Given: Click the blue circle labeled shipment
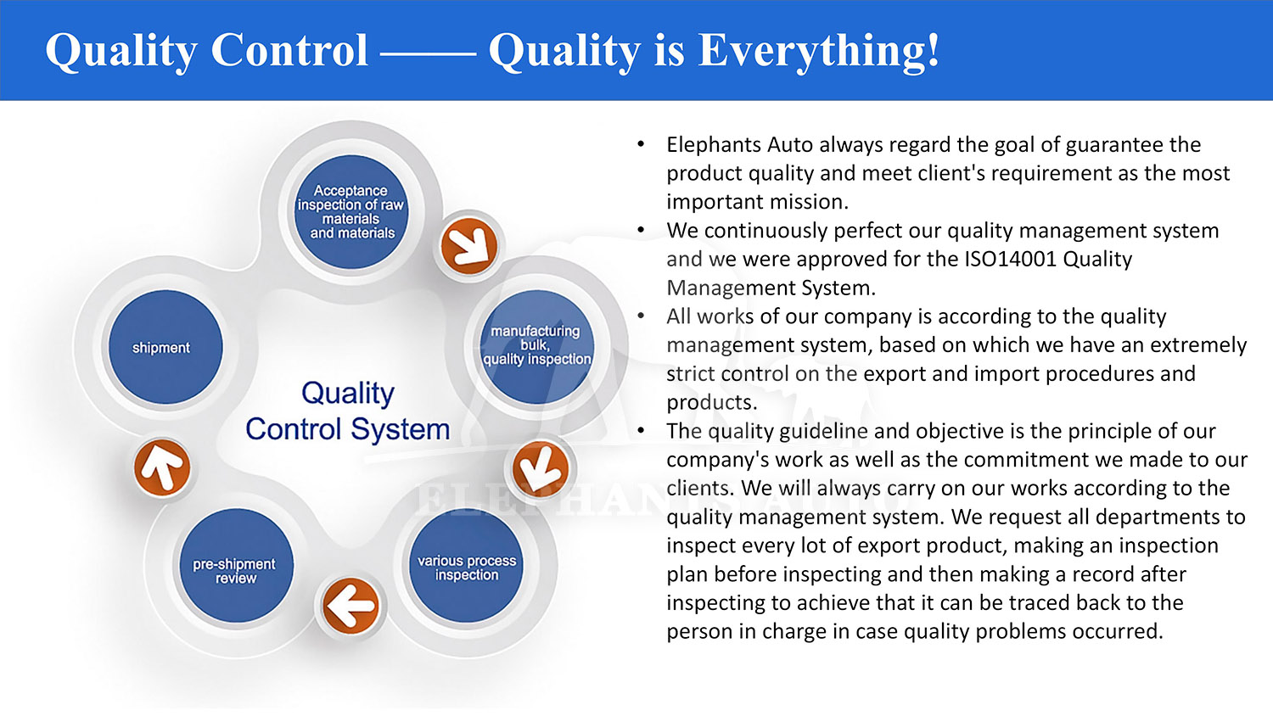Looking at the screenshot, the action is click(165, 347).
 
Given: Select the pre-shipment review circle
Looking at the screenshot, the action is click(237, 565).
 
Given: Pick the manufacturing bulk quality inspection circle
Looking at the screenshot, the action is click(537, 347).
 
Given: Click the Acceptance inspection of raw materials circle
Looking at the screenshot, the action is click(351, 212).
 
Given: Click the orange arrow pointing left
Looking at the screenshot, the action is click(350, 606).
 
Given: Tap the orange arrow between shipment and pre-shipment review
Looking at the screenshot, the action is click(162, 467).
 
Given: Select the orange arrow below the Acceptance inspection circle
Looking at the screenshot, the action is click(468, 246).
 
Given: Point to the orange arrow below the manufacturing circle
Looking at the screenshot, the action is click(540, 469).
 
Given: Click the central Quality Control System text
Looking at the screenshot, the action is click(348, 411).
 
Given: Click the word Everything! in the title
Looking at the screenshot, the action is click(819, 51).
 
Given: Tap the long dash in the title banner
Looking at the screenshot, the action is click(428, 54).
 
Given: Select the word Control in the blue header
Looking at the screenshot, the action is click(289, 50).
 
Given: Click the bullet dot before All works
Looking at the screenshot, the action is click(641, 316).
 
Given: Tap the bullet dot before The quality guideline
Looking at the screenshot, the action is click(641, 431).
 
